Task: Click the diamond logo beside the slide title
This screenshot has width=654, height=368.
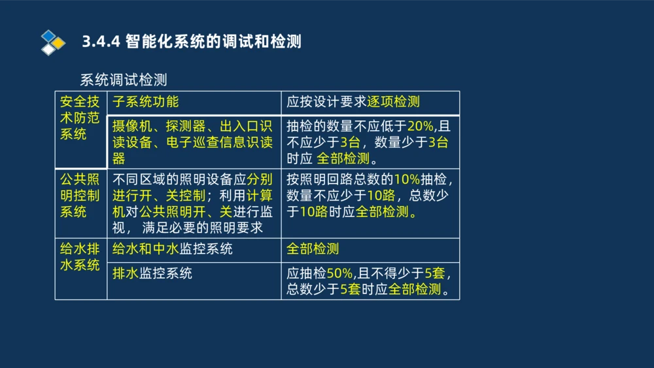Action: (53, 42)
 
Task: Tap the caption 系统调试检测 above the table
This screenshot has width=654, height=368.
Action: (124, 80)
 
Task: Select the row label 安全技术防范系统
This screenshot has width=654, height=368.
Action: (80, 118)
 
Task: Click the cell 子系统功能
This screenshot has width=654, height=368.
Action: (145, 102)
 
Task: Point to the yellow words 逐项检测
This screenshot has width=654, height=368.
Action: (393, 102)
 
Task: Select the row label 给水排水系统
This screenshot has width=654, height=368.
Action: (80, 257)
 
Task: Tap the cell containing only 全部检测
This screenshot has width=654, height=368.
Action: (313, 249)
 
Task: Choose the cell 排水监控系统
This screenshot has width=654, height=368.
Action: (152, 273)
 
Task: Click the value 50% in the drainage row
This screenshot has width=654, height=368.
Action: (339, 273)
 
